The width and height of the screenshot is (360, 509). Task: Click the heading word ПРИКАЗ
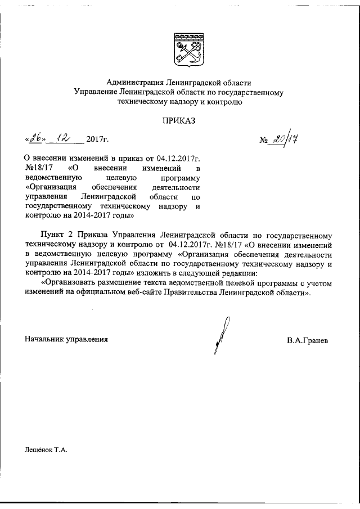pyautogui.click(x=179, y=119)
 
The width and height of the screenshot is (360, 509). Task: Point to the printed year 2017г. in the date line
pyautogui.click(x=97, y=139)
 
